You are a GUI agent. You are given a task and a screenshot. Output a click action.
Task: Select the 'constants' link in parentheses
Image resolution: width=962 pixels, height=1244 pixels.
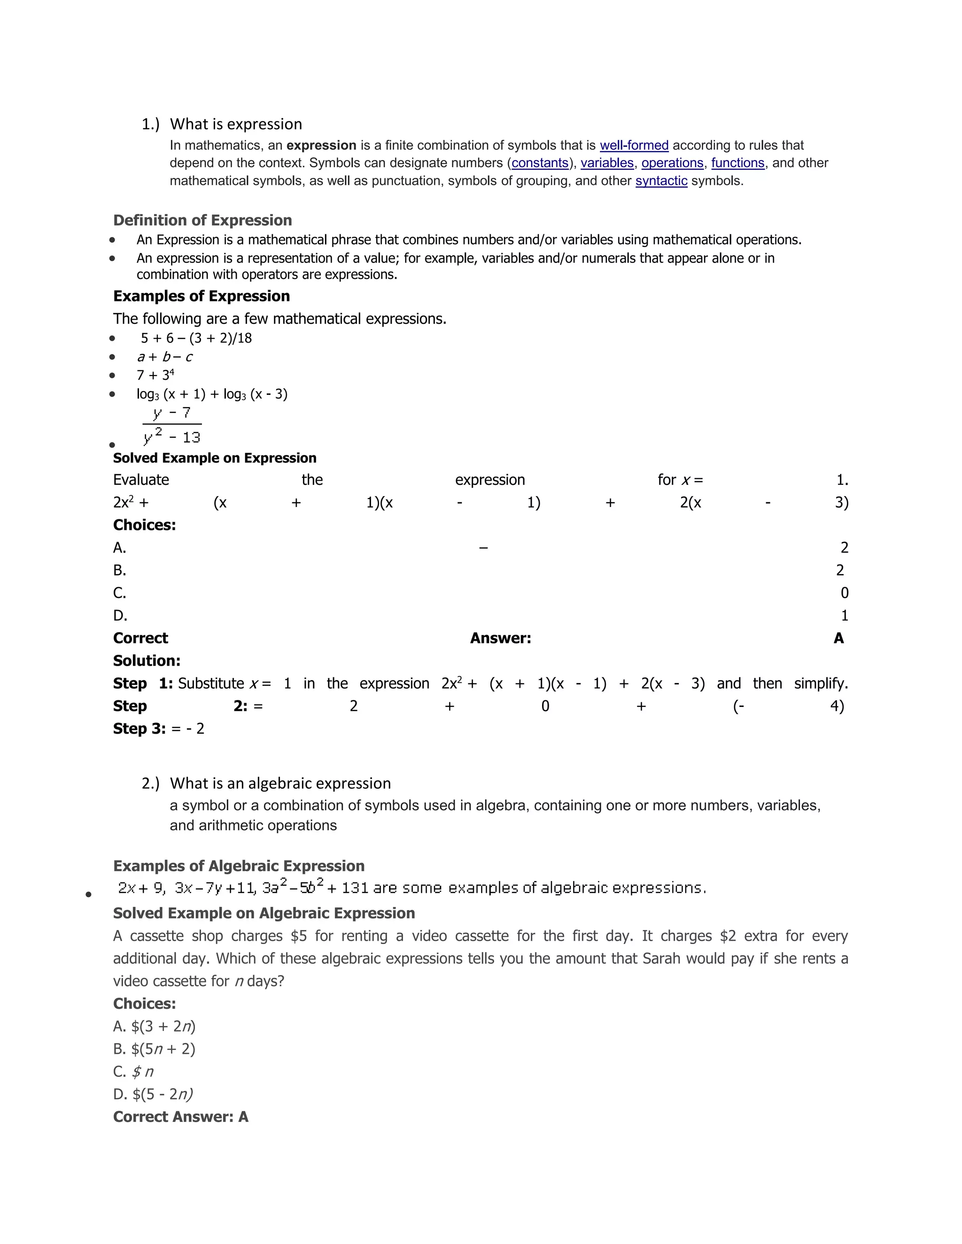pos(540,163)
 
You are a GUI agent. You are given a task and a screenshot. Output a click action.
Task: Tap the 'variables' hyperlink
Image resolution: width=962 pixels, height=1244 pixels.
pos(607,163)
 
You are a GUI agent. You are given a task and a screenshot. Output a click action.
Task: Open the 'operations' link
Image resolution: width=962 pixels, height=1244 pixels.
pos(672,163)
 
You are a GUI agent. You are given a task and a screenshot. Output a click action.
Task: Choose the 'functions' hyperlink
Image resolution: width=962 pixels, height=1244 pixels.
pos(737,163)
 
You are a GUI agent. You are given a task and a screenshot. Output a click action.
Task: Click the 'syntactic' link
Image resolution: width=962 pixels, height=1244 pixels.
pos(661,181)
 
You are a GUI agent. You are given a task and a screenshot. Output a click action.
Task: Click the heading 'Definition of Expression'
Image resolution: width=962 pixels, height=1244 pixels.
pos(202,221)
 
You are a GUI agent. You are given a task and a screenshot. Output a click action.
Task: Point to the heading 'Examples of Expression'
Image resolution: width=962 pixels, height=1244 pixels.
pos(201,296)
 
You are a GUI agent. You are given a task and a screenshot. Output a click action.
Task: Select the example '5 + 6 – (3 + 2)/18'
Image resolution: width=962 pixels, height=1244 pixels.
pos(196,338)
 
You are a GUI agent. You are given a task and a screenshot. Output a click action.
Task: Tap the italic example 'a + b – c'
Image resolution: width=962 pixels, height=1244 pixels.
pos(165,357)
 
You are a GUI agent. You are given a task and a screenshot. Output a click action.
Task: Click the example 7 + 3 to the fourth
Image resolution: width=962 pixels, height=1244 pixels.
pos(155,376)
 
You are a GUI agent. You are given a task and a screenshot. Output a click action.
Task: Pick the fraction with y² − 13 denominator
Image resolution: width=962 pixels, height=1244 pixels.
pos(172,425)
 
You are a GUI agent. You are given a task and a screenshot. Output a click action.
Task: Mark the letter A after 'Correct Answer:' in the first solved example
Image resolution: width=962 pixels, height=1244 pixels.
pos(838,638)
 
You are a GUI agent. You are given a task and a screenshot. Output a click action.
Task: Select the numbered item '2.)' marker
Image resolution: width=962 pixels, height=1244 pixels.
pos(150,784)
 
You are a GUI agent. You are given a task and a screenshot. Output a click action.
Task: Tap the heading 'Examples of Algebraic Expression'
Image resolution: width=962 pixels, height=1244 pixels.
pos(239,867)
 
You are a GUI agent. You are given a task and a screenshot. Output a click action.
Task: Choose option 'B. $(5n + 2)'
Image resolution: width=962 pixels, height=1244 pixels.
pos(154,1049)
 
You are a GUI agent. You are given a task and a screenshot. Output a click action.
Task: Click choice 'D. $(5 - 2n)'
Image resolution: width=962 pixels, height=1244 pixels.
pos(153,1094)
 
